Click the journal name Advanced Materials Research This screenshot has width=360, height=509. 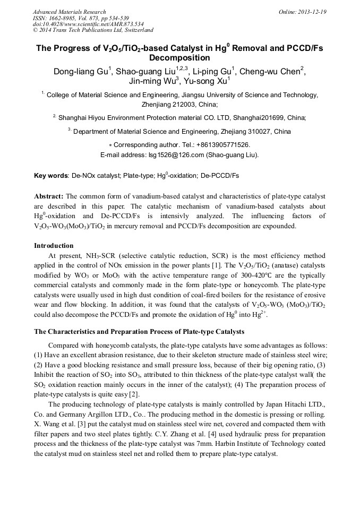69,12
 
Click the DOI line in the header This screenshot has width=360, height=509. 88,24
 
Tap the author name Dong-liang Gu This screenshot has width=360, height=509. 81,72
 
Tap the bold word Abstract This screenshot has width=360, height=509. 49,196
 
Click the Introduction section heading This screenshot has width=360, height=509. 54,246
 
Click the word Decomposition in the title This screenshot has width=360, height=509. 179,58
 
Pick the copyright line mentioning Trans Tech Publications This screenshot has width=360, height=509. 93,31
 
